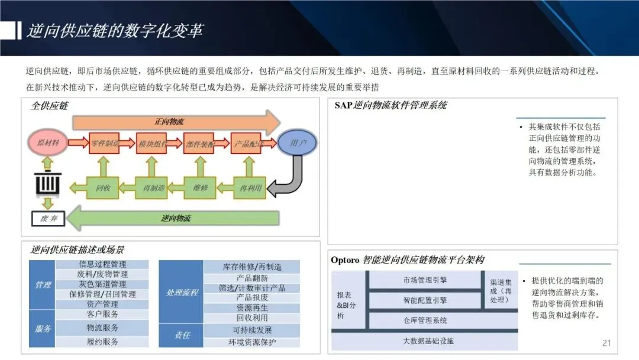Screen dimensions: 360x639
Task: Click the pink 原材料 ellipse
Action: point(48,143)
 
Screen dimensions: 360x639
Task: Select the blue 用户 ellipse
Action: point(297,143)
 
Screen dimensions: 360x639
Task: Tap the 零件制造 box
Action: point(105,143)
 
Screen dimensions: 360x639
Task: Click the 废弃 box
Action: point(48,218)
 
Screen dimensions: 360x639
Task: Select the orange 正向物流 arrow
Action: point(175,122)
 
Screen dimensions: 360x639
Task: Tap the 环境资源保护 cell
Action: point(252,342)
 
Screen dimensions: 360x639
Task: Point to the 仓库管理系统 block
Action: point(425,320)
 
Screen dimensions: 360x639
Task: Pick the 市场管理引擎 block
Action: point(425,279)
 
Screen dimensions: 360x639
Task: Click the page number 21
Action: point(606,343)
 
